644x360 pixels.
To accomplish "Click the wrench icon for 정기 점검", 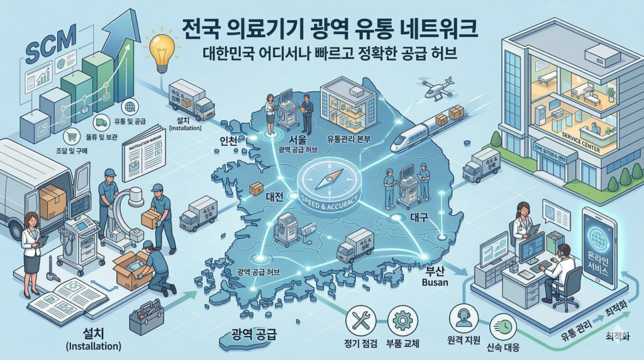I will point(360,319).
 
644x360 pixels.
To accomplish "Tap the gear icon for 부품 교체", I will point(401,319).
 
